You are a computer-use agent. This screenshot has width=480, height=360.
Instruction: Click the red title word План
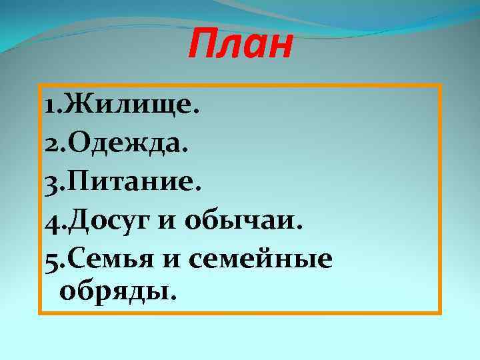pos(240,45)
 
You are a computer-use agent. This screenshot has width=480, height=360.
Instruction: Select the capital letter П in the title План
pos(199,45)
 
